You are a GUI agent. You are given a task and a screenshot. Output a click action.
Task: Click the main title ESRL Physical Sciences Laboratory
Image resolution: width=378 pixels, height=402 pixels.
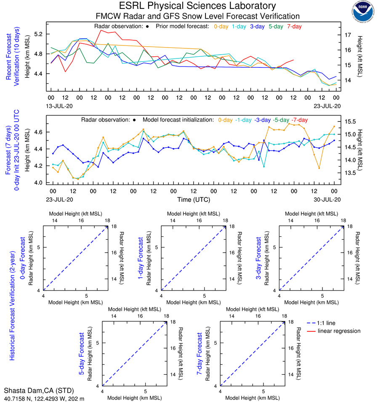pyautogui.click(x=197, y=6)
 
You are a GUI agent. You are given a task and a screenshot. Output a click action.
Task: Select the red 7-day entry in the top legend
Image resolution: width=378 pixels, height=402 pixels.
pyautogui.click(x=294, y=26)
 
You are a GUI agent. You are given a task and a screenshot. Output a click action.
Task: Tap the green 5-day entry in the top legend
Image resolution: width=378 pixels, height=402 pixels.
pyautogui.click(x=276, y=26)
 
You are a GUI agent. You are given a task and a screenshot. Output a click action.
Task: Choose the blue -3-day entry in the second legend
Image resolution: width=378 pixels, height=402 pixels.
pyautogui.click(x=263, y=120)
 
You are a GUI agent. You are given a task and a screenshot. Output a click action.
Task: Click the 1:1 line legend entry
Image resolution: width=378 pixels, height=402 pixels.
pyautogui.click(x=327, y=323)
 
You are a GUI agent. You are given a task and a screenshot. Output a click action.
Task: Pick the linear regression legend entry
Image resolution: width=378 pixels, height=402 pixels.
pyautogui.click(x=339, y=331)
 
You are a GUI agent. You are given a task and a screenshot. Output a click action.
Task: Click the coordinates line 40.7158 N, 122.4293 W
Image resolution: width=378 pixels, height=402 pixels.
pyautogui.click(x=44, y=398)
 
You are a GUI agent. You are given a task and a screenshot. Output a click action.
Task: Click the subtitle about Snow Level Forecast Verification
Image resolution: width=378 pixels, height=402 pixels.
pyautogui.click(x=197, y=16)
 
